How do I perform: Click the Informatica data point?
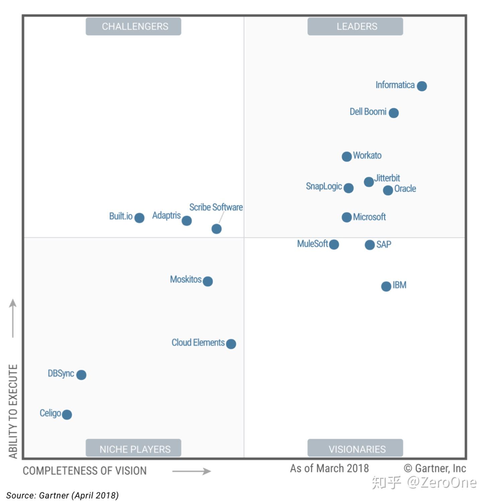pyautogui.click(x=422, y=86)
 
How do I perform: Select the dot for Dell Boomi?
pyautogui.click(x=394, y=113)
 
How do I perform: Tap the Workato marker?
pyautogui.click(x=347, y=156)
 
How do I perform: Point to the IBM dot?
pyautogui.click(x=386, y=286)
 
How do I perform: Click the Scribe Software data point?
pyautogui.click(x=216, y=229)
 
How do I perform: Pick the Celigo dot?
pyautogui.click(x=67, y=415)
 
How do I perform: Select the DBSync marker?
pyautogui.click(x=81, y=375)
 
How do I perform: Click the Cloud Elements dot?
pyautogui.click(x=231, y=344)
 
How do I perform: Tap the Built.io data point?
pyautogui.click(x=139, y=218)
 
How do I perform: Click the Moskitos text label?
pyautogui.click(x=186, y=279)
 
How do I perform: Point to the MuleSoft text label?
pyautogui.click(x=312, y=244)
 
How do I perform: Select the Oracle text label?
pyautogui.click(x=405, y=189)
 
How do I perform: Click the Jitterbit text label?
pyautogui.click(x=387, y=178)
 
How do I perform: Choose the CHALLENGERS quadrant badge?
pyautogui.click(x=133, y=26)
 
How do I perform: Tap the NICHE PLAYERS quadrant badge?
pyautogui.click(x=133, y=449)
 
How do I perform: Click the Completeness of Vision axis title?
pyautogui.click(x=85, y=471)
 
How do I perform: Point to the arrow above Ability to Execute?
pyautogui.click(x=13, y=318)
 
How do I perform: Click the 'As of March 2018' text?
pyautogui.click(x=329, y=468)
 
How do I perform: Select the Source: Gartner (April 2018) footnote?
pyautogui.click(x=63, y=495)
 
